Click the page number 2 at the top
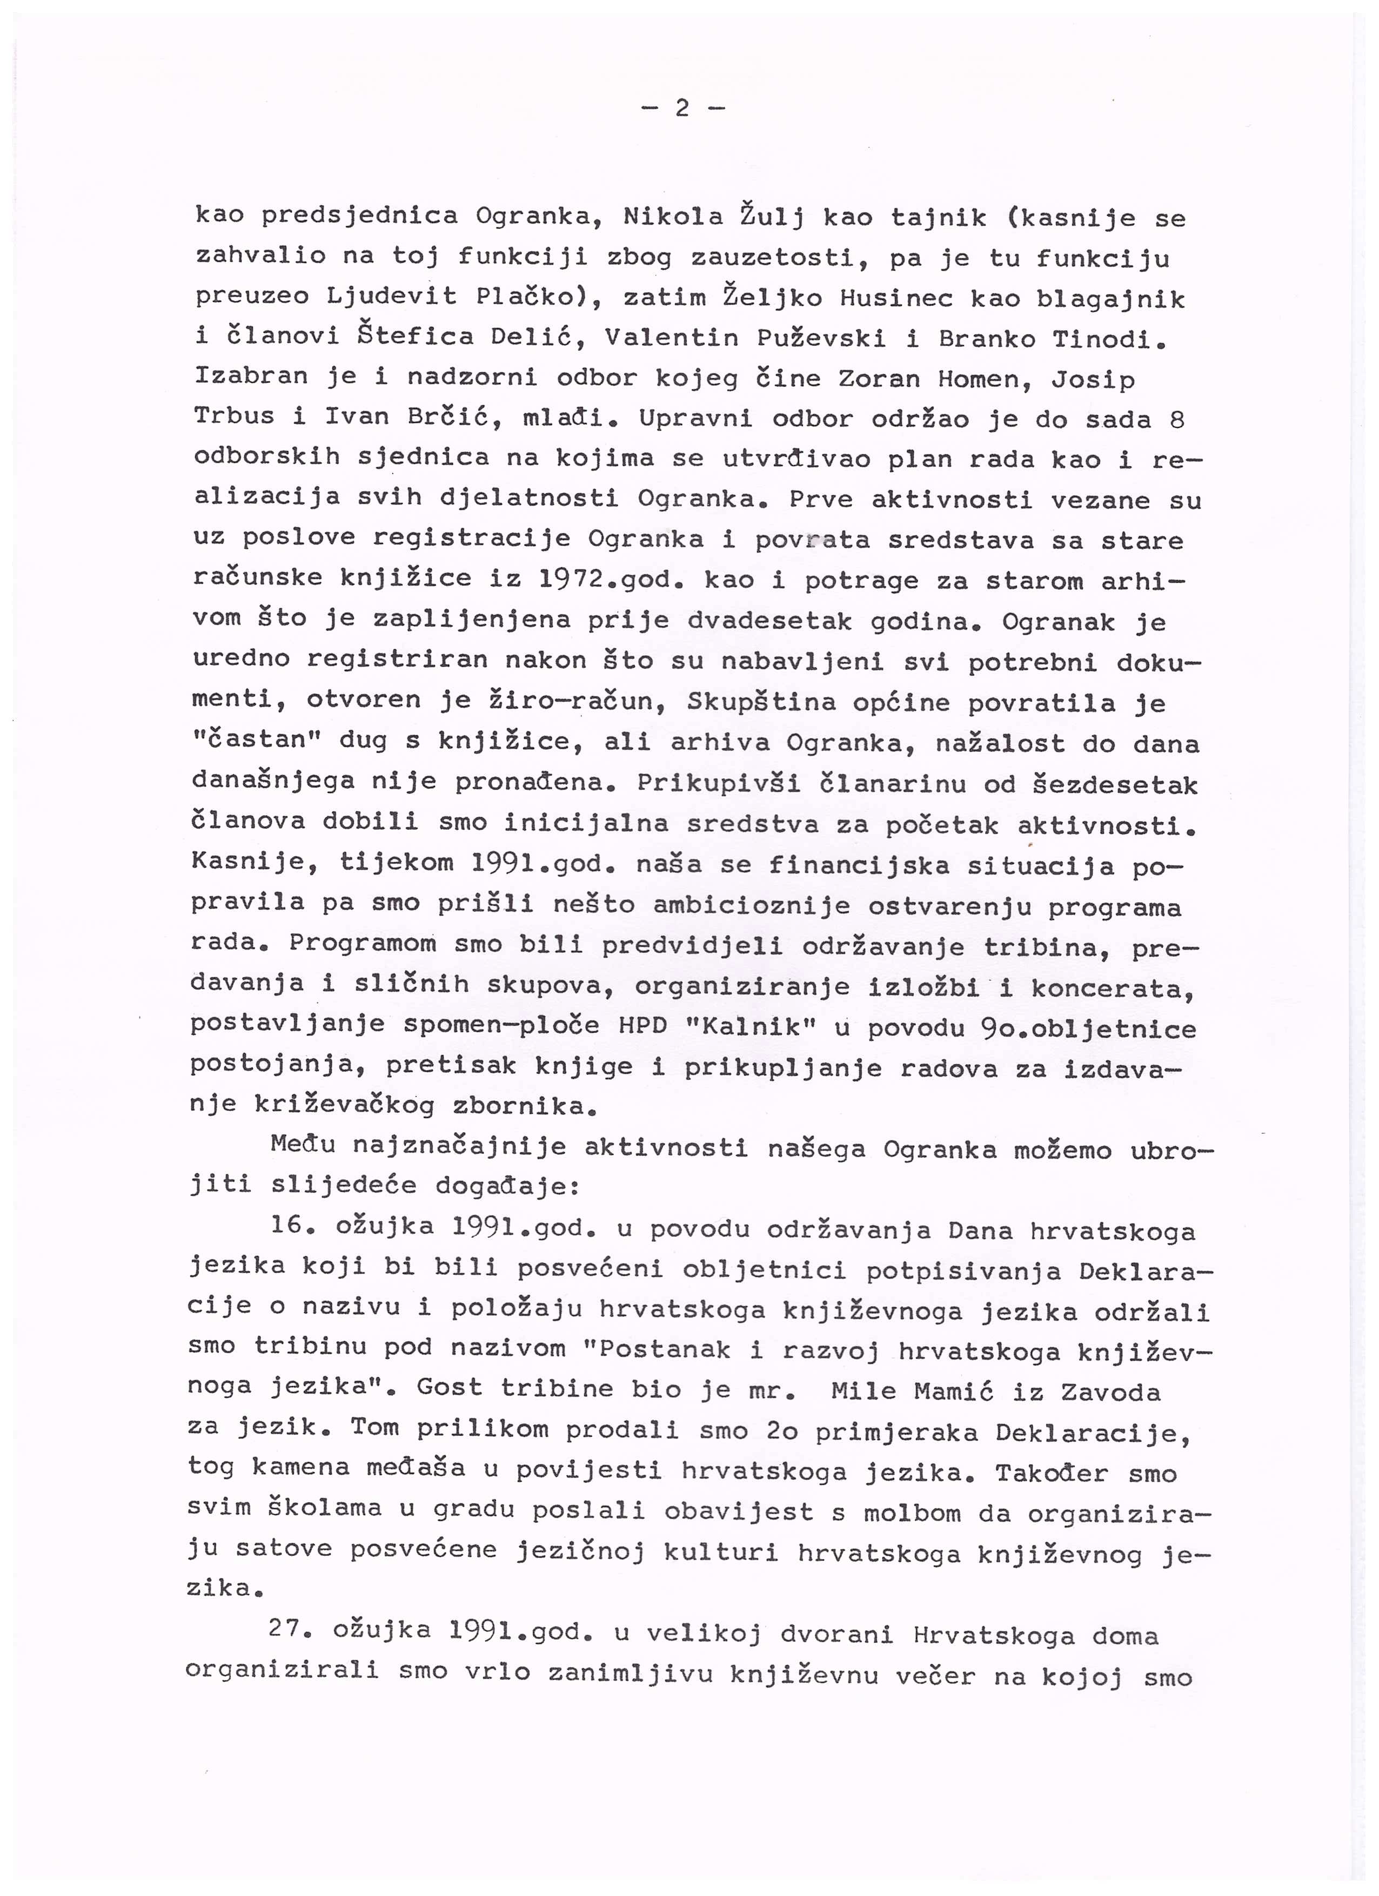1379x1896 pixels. point(681,108)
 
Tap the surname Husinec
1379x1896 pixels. point(894,298)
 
